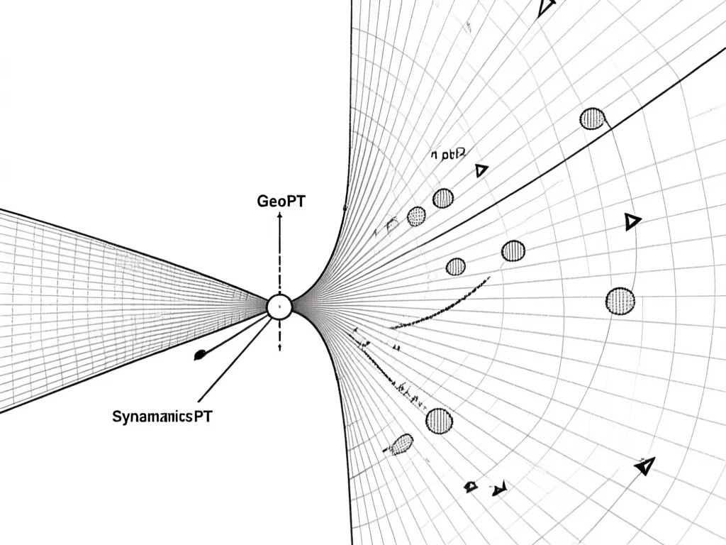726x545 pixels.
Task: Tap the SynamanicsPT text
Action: pos(162,417)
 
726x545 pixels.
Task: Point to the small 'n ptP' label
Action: pos(447,153)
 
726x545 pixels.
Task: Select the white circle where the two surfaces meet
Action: pos(279,307)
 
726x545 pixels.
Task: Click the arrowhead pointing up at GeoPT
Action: pos(279,216)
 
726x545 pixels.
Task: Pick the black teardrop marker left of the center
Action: pos(201,353)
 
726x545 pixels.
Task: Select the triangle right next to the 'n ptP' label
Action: pos(481,170)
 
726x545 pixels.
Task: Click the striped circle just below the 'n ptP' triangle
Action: pos(443,198)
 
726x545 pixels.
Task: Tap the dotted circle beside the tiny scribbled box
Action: pos(416,216)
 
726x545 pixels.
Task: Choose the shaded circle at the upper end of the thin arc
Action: pos(592,119)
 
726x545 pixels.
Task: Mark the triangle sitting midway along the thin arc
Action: pos(632,222)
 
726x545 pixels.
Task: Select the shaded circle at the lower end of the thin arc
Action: pos(620,301)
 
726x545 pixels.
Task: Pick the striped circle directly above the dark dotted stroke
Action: pos(456,266)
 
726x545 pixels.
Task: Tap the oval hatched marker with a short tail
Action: pos(402,444)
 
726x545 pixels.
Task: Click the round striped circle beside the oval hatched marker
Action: pos(439,421)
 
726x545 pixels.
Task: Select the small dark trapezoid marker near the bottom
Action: pos(470,486)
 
